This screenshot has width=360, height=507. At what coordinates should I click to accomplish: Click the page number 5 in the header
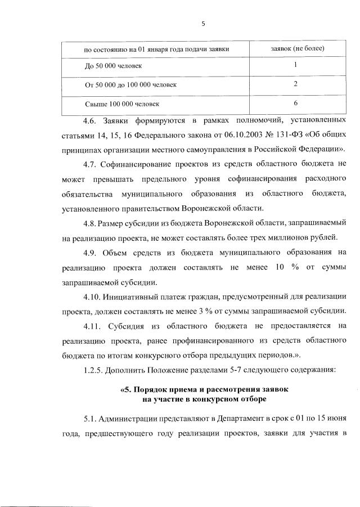tap(204, 23)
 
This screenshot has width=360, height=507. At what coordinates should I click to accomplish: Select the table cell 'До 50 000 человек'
tap(112, 66)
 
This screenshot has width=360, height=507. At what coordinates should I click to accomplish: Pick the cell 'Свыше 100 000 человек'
tap(121, 104)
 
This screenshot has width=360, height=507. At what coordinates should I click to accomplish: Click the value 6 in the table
tap(295, 103)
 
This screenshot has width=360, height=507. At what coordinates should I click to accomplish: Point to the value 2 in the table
tap(295, 84)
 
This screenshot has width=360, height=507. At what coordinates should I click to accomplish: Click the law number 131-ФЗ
tap(256, 136)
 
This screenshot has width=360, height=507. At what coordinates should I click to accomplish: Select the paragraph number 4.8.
tap(90, 223)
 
